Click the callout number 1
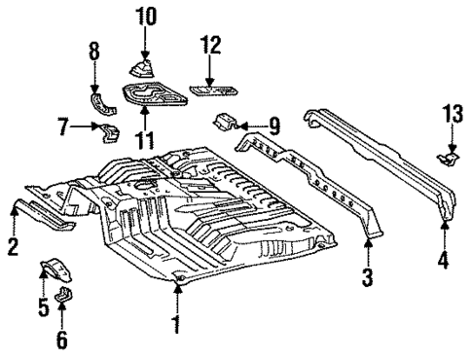(176, 322)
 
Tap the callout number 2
(12, 246)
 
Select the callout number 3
(368, 278)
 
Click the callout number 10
(144, 17)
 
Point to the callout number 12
(210, 45)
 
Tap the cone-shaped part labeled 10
(144, 67)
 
